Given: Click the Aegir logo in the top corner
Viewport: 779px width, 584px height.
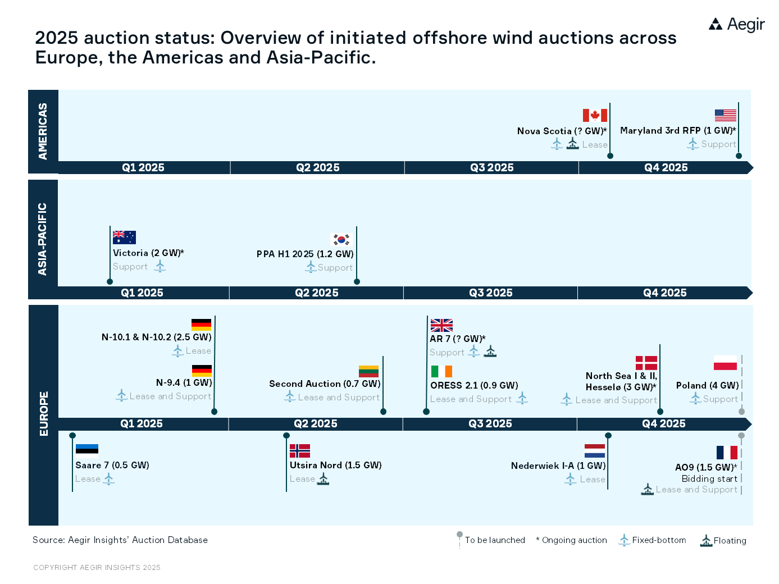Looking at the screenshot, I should click(x=736, y=24).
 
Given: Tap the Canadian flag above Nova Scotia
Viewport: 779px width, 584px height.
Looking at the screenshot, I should click(x=595, y=115).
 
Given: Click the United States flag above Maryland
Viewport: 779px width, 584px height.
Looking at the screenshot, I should click(x=725, y=115).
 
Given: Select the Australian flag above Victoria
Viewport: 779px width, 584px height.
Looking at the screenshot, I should click(x=124, y=237).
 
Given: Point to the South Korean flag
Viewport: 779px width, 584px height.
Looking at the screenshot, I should click(x=341, y=239).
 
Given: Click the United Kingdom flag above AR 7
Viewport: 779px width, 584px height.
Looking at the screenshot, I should click(x=441, y=325).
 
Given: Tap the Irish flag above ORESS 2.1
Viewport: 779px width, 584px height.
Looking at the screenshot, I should click(x=441, y=371).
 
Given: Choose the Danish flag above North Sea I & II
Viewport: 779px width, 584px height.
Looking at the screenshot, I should click(x=646, y=363).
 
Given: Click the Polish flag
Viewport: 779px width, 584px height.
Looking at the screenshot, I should click(x=725, y=363).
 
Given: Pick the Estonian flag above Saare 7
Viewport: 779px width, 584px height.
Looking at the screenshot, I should click(x=87, y=451).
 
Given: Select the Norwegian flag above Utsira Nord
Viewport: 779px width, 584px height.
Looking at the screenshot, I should click(x=300, y=451).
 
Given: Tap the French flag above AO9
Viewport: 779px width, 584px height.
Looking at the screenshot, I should click(x=727, y=453).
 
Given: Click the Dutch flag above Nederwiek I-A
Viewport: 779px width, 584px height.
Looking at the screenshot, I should click(x=595, y=451).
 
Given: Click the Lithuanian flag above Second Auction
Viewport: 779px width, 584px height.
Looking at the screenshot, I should click(x=368, y=371).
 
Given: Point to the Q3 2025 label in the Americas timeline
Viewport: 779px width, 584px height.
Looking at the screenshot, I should click(x=491, y=167).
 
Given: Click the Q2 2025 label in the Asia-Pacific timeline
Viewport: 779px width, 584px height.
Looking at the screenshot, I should click(x=317, y=293).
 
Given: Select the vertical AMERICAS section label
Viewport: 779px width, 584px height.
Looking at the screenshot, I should click(x=43, y=131).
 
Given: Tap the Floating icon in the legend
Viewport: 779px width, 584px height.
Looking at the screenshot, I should click(x=706, y=540).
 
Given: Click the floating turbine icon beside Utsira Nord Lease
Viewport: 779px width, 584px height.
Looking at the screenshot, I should click(x=323, y=478).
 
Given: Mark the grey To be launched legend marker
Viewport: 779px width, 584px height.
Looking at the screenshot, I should click(x=459, y=535).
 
